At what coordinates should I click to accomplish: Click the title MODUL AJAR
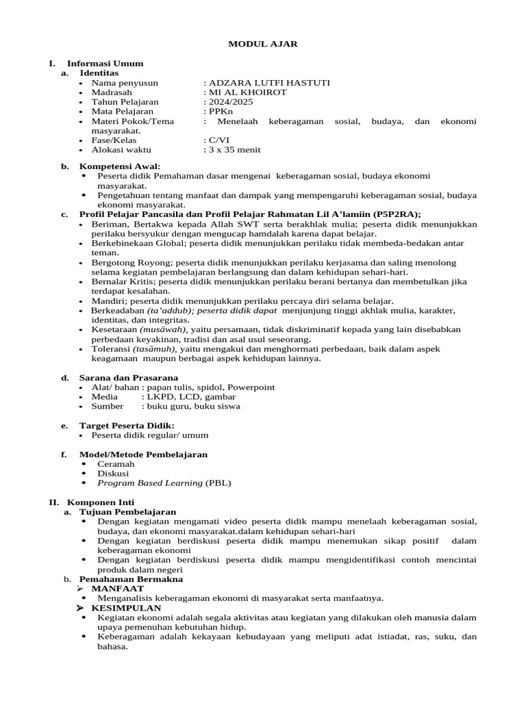pyautogui.click(x=263, y=44)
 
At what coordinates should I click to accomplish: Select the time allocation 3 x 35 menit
pyautogui.click(x=234, y=149)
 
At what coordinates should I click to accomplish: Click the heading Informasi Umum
pyautogui.click(x=105, y=63)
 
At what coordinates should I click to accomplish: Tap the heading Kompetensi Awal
pyautogui.click(x=120, y=166)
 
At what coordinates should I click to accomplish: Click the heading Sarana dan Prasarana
pyautogui.click(x=129, y=377)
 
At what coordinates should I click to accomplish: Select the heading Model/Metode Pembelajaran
pyautogui.click(x=143, y=454)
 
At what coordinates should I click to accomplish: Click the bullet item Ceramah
pyautogui.click(x=115, y=463)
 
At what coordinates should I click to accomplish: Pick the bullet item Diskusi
pyautogui.click(x=113, y=473)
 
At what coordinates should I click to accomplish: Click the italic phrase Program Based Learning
pyautogui.click(x=150, y=483)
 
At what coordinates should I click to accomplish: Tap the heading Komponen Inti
pyautogui.click(x=99, y=502)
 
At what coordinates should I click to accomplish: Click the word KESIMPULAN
pyautogui.click(x=127, y=607)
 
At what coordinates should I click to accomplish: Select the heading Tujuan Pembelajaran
pyautogui.click(x=128, y=511)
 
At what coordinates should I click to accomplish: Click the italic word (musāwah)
pyautogui.click(x=161, y=329)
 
